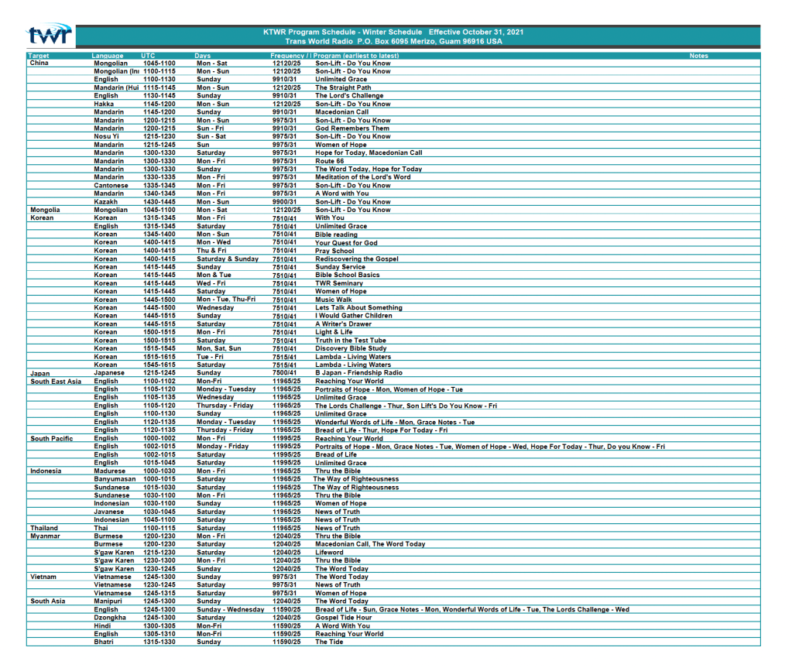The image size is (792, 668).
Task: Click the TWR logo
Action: (50, 35)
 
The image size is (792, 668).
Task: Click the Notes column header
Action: (698, 56)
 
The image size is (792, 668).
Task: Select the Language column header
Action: (107, 56)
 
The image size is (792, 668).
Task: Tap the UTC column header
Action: (148, 56)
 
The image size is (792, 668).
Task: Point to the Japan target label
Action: (39, 373)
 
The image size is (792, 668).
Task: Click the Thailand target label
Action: (43, 528)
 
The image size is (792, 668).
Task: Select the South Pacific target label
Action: (52, 438)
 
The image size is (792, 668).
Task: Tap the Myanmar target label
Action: (44, 536)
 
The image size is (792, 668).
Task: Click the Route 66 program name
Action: (329, 161)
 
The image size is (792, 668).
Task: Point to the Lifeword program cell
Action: (329, 553)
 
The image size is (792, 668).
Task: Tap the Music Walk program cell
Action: (334, 300)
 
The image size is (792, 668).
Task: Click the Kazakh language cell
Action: (105, 202)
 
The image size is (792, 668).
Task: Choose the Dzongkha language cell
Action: (109, 618)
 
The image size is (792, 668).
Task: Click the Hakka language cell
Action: (104, 104)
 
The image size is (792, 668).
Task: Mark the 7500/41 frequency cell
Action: (284, 373)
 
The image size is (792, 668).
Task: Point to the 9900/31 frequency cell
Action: (284, 202)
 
